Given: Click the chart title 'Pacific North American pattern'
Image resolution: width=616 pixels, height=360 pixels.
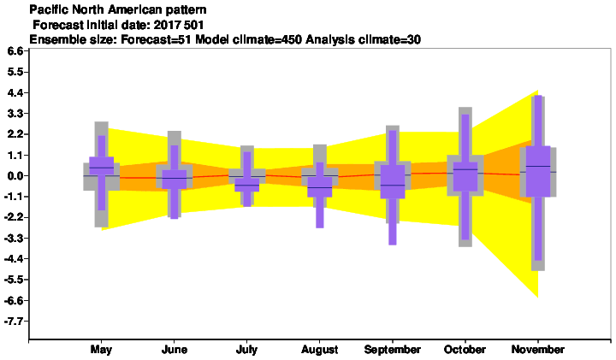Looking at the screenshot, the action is (x=118, y=9).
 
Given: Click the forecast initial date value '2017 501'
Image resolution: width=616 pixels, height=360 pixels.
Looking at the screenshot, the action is (x=179, y=25).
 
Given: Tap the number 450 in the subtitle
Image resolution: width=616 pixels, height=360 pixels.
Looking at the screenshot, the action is (x=293, y=39).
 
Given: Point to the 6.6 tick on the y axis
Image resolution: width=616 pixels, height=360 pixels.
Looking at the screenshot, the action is (x=15, y=51).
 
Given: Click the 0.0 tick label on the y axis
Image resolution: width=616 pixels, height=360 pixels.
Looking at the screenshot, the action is (x=15, y=176).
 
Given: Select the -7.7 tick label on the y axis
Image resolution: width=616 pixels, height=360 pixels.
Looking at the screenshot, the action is (x=14, y=322).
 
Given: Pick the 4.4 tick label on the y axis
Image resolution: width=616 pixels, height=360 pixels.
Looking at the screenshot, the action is (x=15, y=92).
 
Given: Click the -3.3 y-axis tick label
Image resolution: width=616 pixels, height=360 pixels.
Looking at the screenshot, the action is (x=14, y=239).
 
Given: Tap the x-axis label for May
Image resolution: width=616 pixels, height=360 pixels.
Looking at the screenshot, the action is (x=101, y=350).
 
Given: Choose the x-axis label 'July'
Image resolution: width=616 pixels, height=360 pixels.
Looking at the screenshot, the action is (x=246, y=350).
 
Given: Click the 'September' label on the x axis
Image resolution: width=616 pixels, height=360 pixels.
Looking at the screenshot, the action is (x=392, y=350).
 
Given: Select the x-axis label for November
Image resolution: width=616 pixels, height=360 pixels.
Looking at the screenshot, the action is (x=538, y=350).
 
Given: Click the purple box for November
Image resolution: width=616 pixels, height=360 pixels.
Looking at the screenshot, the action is (x=538, y=171).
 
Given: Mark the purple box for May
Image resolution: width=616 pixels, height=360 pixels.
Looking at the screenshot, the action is (x=101, y=166).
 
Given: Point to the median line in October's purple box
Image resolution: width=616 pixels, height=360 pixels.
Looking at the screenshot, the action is (x=465, y=169).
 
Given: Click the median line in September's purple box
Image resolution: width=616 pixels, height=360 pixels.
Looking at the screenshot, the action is (x=392, y=185).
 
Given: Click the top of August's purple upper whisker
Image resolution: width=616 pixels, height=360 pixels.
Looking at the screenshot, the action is (x=320, y=162).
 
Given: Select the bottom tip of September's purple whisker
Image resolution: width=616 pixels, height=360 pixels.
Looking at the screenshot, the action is (x=392, y=245).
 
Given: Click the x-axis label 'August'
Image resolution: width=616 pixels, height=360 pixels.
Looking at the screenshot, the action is (x=320, y=350).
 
